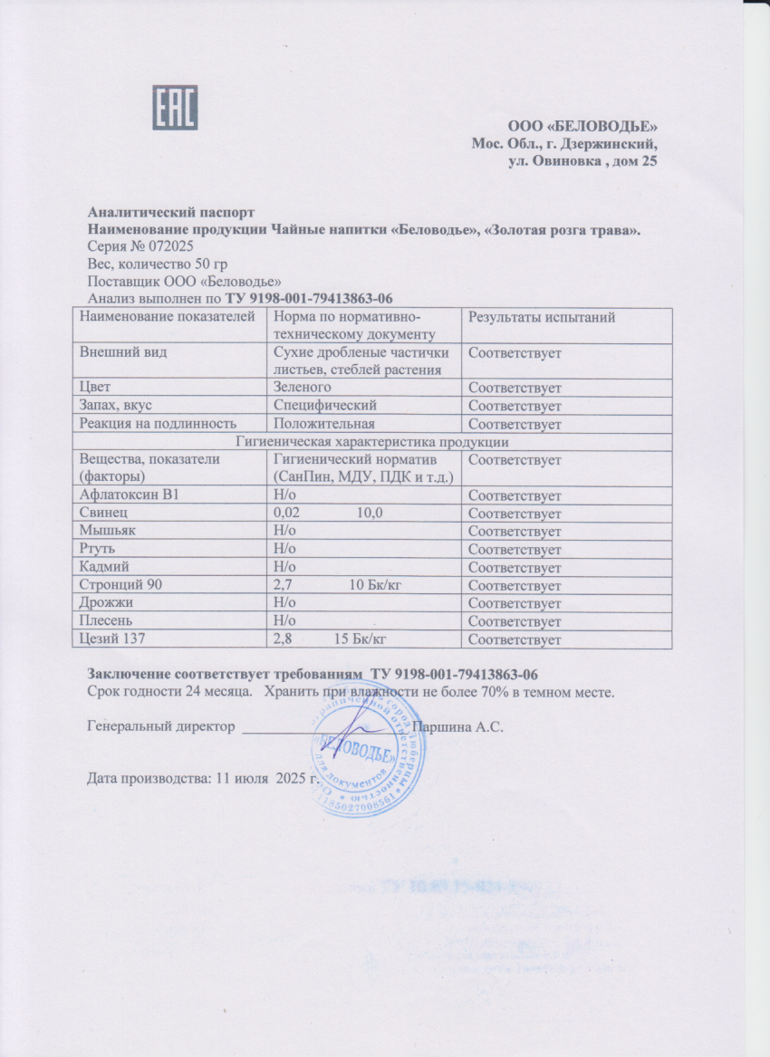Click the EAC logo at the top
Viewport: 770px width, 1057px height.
[175, 110]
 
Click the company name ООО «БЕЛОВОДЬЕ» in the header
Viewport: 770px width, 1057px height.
[582, 126]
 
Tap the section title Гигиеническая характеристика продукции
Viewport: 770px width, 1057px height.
[371, 442]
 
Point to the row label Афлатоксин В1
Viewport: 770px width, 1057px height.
[130, 496]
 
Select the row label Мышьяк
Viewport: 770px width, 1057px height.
[108, 532]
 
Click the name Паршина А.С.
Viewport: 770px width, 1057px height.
[457, 726]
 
